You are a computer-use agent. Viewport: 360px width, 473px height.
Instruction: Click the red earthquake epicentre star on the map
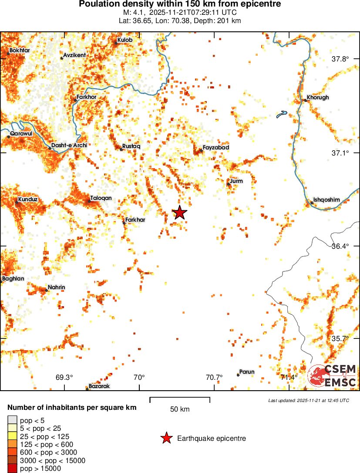coord(180,213)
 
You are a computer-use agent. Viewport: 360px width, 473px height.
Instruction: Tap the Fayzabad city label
coord(215,148)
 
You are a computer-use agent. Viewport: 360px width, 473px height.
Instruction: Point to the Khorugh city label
coord(318,98)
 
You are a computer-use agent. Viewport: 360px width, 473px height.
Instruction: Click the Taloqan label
coord(101,198)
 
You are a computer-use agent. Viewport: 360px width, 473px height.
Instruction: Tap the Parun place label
coord(247,372)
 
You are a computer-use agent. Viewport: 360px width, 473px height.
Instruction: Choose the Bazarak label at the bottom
coord(99,386)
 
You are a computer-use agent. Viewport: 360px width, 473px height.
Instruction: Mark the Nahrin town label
coord(56,287)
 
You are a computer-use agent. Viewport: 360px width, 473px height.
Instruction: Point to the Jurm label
coord(236,181)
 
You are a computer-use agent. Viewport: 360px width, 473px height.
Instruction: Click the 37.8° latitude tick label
coord(340,59)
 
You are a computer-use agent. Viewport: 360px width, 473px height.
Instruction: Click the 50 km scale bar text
coord(180,409)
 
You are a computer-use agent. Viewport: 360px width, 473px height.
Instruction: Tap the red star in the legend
coord(166,438)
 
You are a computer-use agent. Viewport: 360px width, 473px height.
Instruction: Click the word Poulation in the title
coord(98,4)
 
